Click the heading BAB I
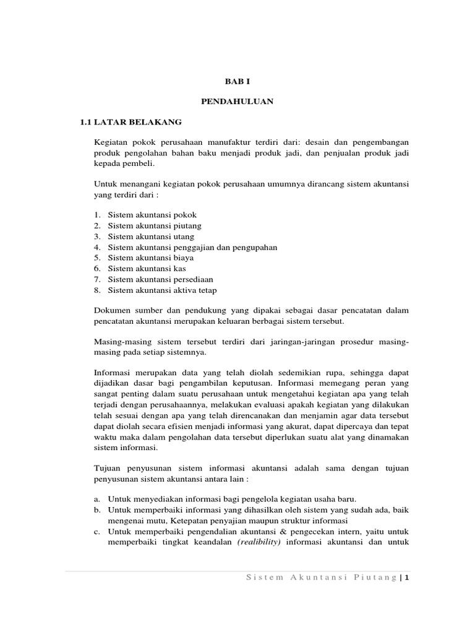(x=237, y=81)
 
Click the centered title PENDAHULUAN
(x=237, y=101)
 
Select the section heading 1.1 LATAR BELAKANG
(x=131, y=121)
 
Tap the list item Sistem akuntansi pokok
(x=152, y=214)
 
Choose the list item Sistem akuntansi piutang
(x=155, y=225)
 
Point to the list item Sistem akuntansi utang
(x=151, y=236)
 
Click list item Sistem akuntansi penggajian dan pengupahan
(x=192, y=247)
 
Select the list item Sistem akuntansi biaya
(x=151, y=258)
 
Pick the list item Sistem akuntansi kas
(x=147, y=269)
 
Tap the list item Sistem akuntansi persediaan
(x=160, y=279)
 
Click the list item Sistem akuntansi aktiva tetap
(x=163, y=290)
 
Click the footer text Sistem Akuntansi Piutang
(x=321, y=578)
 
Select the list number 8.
(x=97, y=290)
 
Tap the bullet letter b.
(x=97, y=510)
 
